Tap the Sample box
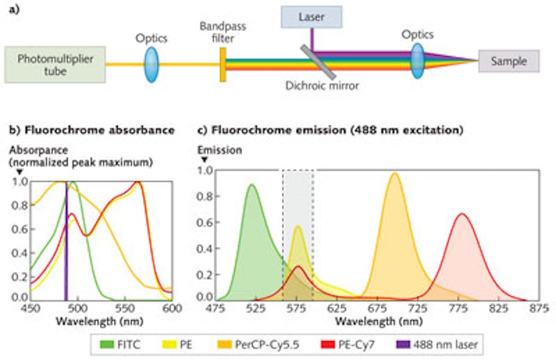point(510,61)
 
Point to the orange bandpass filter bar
point(223,63)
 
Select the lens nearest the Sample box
point(417,60)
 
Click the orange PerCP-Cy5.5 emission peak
point(395,173)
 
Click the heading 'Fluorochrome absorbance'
point(92,130)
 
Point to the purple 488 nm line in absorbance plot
point(66,244)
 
